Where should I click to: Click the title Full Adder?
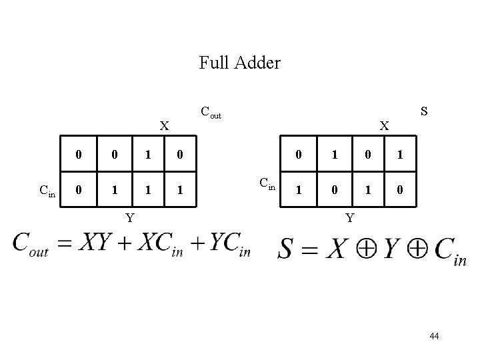[239, 63]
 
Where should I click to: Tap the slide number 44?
[434, 337]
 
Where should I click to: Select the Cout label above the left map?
[210, 113]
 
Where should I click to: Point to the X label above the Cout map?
[164, 125]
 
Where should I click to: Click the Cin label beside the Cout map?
[47, 191]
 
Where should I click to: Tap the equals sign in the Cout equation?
[64, 245]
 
